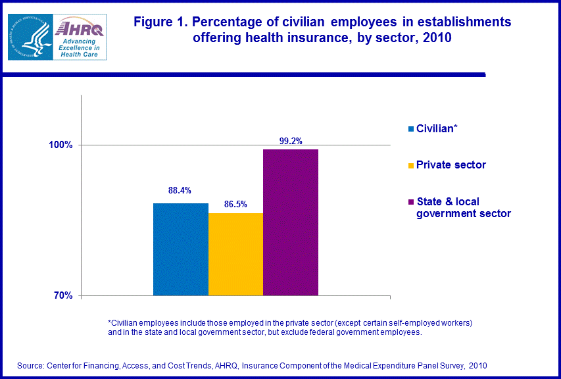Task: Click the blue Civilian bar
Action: click(x=181, y=249)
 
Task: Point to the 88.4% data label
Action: click(x=180, y=191)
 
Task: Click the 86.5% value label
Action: click(x=235, y=205)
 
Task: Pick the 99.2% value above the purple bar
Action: click(x=290, y=141)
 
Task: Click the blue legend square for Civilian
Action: click(x=411, y=129)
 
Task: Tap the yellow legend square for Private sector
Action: click(x=411, y=165)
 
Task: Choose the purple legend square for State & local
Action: click(x=411, y=202)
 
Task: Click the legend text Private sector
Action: click(x=451, y=165)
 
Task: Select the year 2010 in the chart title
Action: click(x=437, y=38)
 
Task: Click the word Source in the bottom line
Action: click(x=31, y=365)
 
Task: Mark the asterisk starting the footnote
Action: click(x=110, y=322)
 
